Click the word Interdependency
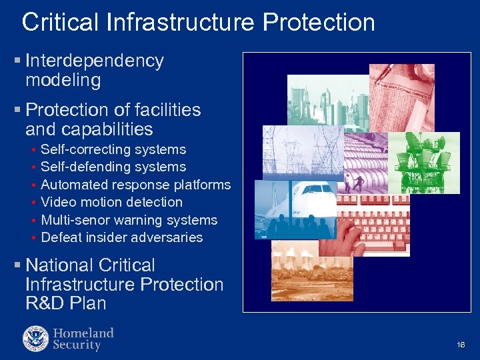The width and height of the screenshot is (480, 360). (x=95, y=61)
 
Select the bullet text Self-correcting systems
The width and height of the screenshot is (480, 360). (x=113, y=149)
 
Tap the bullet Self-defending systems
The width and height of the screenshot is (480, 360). (x=113, y=167)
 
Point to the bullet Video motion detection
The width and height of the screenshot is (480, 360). (x=111, y=202)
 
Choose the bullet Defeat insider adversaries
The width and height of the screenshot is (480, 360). (x=121, y=237)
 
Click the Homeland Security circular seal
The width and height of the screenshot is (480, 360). (x=35, y=338)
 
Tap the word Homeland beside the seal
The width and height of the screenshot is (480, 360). (x=83, y=333)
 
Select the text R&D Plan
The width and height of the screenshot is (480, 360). (x=65, y=303)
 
